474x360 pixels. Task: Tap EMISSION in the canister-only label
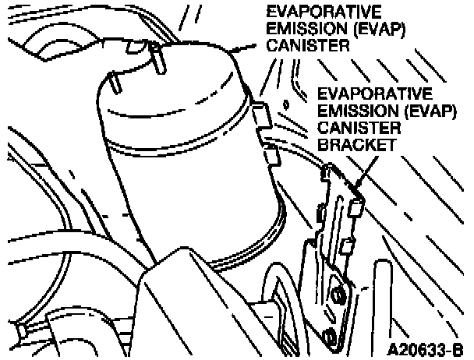292,29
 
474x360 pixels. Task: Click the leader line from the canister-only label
247,48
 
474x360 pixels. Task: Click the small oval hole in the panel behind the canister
288,103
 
